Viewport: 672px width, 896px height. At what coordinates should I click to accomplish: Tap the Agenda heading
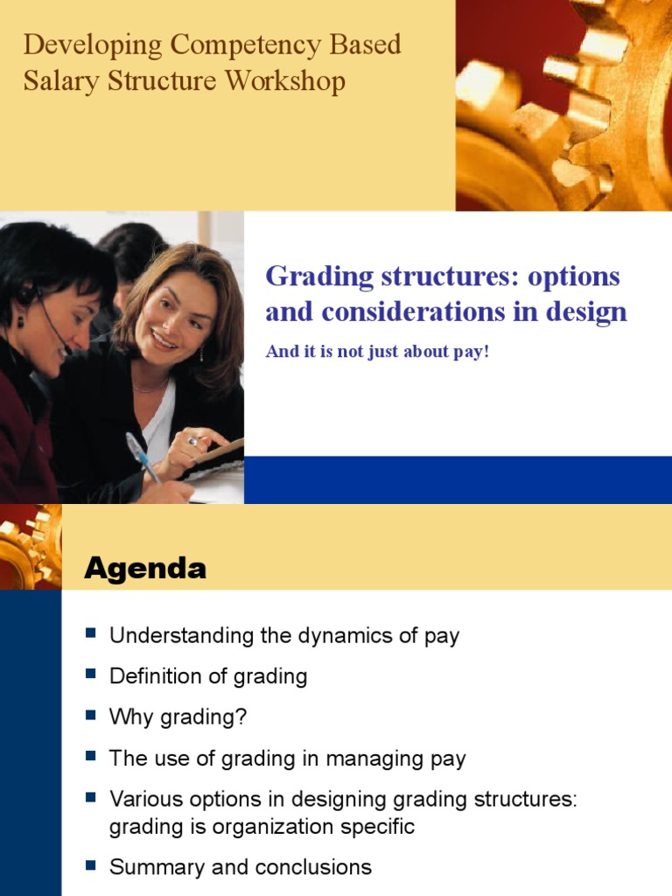[145, 569]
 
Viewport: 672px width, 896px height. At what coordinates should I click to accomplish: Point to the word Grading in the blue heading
[315, 276]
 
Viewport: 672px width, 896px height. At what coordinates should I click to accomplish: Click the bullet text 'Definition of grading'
[207, 676]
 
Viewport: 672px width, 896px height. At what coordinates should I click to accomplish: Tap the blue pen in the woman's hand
[142, 456]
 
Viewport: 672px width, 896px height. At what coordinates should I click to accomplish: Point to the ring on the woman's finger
[192, 441]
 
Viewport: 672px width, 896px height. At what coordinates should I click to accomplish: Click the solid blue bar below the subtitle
[458, 479]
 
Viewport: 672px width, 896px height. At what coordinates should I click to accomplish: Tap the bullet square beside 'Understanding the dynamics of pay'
[90, 634]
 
